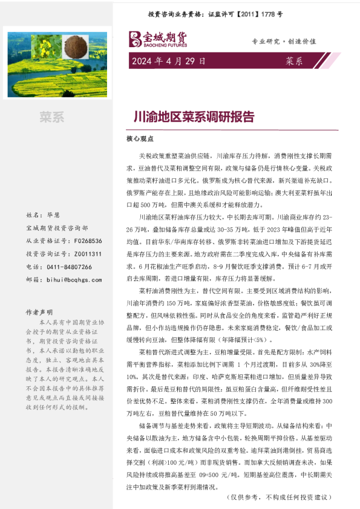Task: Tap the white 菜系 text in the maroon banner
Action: pos(294,61)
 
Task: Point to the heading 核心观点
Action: pos(137,138)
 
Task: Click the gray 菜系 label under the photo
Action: pos(52,117)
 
